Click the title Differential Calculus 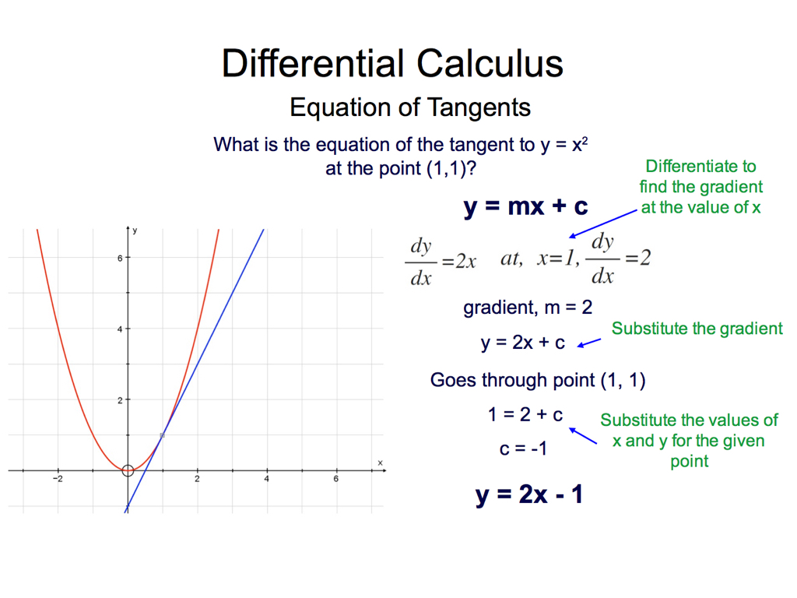pyautogui.click(x=392, y=64)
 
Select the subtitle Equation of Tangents pyautogui.click(x=410, y=107)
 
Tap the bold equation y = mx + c pyautogui.click(x=525, y=206)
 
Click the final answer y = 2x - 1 pyautogui.click(x=529, y=494)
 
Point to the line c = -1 pyautogui.click(x=523, y=448)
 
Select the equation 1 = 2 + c pyautogui.click(x=525, y=414)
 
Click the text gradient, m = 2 pyautogui.click(x=528, y=307)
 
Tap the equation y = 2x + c pyautogui.click(x=522, y=343)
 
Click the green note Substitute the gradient pyautogui.click(x=697, y=329)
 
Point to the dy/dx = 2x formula pyautogui.click(x=441, y=262)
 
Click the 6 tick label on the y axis pyautogui.click(x=120, y=259)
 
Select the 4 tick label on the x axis pyautogui.click(x=266, y=479)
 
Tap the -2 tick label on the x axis pyautogui.click(x=58, y=479)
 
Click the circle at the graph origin pyautogui.click(x=128, y=465)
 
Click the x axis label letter pyautogui.click(x=380, y=463)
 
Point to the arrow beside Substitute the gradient pyautogui.click(x=589, y=343)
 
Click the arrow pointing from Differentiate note pyautogui.click(x=603, y=223)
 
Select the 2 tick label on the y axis pyautogui.click(x=120, y=401)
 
